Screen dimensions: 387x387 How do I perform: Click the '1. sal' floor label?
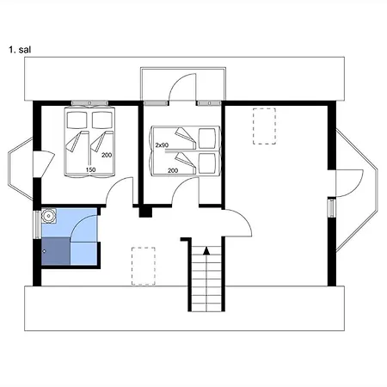click(x=20, y=50)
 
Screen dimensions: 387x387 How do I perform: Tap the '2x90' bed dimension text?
click(x=162, y=145)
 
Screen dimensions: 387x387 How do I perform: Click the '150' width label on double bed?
click(x=90, y=169)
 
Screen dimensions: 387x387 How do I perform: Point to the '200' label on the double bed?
click(x=107, y=155)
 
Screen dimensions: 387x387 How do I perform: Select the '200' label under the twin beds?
click(x=173, y=170)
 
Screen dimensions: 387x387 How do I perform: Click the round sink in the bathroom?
click(x=49, y=216)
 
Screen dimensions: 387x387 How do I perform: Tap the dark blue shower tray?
click(x=56, y=251)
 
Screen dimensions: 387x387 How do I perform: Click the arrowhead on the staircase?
click(x=206, y=250)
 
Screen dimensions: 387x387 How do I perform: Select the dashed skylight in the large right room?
click(x=264, y=126)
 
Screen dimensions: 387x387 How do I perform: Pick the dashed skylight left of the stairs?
click(x=144, y=266)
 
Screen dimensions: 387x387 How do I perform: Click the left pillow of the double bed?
click(x=77, y=120)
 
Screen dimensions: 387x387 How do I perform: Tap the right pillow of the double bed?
click(x=102, y=120)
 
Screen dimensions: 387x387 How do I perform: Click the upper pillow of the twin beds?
click(x=207, y=138)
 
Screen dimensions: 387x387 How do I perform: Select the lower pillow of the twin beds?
click(x=207, y=163)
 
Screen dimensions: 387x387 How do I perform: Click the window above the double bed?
click(x=89, y=103)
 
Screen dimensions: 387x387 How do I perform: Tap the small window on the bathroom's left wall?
click(x=38, y=224)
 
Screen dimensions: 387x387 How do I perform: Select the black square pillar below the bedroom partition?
click(x=145, y=212)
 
